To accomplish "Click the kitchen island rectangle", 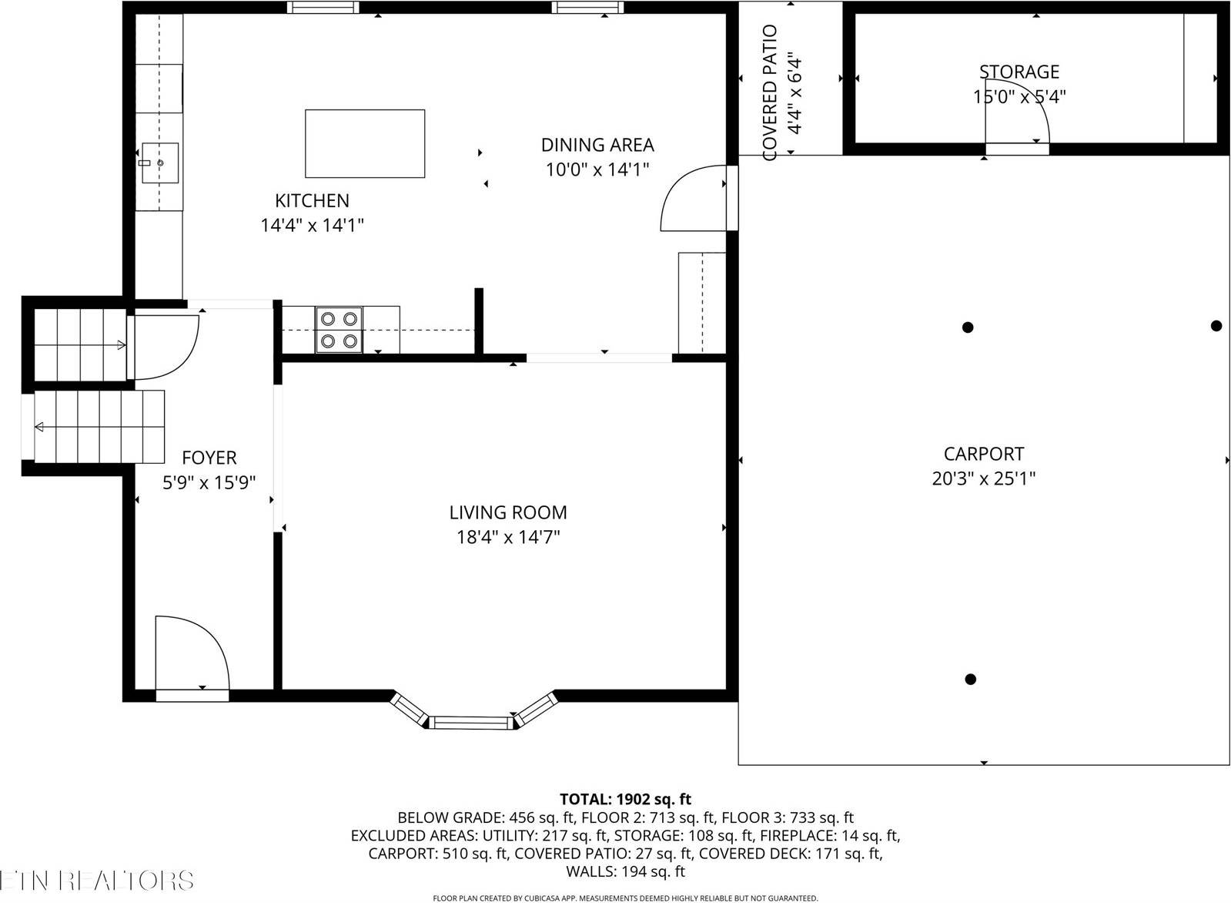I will point(365,143).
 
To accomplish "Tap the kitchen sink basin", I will point(159,163).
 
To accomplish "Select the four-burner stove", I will point(339,330).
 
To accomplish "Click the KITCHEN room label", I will point(312,200).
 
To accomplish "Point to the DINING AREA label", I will point(597,145).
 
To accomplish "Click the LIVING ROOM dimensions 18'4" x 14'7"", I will point(508,537).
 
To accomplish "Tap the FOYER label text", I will point(209,458).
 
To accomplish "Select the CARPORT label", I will point(984,454).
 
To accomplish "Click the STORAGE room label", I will point(1019,72).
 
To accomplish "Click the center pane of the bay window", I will point(470,722).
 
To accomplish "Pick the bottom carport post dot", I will point(970,679).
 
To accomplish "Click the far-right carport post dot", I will point(1216,326).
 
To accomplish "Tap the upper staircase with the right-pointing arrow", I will point(79,344).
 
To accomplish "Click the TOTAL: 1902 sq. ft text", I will point(625,799).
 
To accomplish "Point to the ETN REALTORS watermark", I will point(96,880).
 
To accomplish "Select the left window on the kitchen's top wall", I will point(323,8).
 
